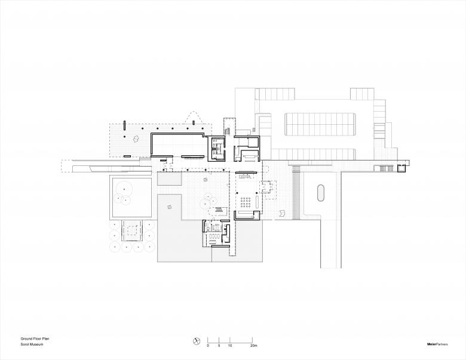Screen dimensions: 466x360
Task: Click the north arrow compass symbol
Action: [196, 341]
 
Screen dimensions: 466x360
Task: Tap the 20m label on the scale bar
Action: [253, 346]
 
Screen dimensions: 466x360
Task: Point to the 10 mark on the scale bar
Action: [230, 346]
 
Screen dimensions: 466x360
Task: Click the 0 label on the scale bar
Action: [208, 346]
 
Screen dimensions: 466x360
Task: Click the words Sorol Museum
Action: [32, 344]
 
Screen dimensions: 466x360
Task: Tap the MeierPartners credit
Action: [437, 344]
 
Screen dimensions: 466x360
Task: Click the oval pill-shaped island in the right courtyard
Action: [321, 193]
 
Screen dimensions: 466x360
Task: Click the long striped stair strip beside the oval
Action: [296, 192]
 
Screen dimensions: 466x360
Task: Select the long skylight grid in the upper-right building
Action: [320, 124]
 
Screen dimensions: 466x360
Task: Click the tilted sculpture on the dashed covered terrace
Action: [136, 139]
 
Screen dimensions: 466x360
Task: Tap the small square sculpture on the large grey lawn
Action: [170, 207]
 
